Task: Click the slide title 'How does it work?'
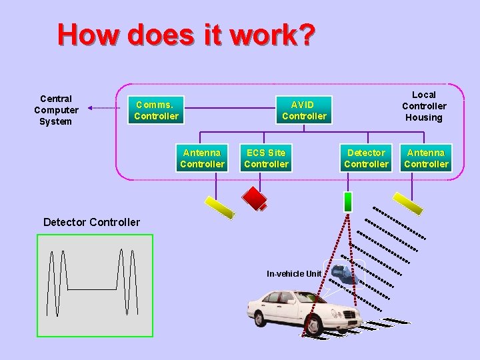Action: click(185, 35)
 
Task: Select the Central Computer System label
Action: click(56, 110)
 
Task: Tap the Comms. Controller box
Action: click(156, 110)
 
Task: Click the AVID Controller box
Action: click(304, 110)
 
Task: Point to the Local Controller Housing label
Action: click(424, 106)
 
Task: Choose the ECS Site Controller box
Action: click(266, 158)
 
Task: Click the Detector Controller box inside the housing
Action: click(366, 158)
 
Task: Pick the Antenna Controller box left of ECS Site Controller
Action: click(202, 158)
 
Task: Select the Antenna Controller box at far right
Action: click(426, 158)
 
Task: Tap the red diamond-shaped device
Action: click(255, 197)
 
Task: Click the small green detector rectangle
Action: click(347, 201)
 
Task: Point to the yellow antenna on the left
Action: click(219, 205)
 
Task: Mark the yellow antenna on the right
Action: click(407, 203)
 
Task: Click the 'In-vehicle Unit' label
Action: click(294, 273)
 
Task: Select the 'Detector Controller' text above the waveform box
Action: click(91, 222)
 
